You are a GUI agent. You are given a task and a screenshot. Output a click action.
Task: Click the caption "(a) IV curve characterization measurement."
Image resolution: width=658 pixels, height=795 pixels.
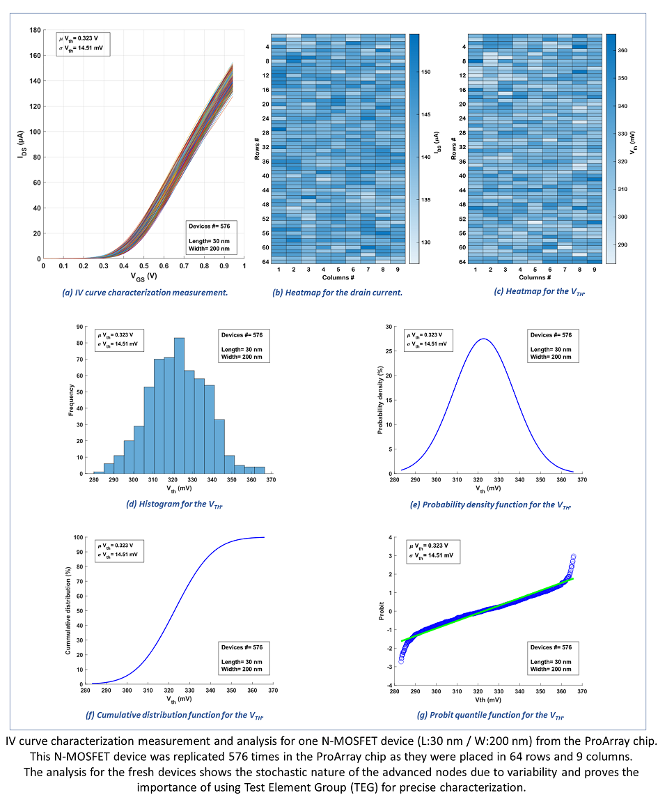coord(146,293)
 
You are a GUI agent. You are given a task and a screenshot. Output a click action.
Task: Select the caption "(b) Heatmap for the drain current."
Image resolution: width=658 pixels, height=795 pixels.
coord(337,293)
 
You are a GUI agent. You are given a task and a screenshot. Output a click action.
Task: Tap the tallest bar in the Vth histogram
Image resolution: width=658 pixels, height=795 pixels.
coord(179,405)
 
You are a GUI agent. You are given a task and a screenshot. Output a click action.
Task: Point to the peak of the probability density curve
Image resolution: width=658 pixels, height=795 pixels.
coord(483,339)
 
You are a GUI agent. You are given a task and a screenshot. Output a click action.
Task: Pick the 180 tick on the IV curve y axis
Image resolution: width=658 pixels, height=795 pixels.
coord(34,30)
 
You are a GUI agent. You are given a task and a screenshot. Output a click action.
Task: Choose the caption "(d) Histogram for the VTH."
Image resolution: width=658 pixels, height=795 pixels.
coord(175,504)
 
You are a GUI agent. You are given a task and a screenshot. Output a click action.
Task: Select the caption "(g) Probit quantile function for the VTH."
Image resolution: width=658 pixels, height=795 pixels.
coord(484,715)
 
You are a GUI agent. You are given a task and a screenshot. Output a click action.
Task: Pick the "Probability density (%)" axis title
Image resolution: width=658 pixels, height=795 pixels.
coord(381,400)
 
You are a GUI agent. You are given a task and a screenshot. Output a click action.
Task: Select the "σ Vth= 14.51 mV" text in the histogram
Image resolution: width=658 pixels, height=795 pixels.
coord(118,344)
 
